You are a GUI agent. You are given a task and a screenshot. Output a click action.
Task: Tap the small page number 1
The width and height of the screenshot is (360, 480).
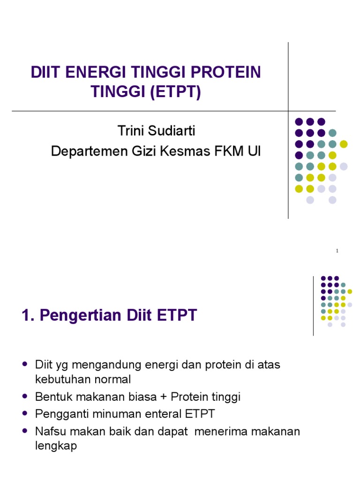pos(337,251)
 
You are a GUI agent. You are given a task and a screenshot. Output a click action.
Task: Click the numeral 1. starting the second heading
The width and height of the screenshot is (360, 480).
pos(28,315)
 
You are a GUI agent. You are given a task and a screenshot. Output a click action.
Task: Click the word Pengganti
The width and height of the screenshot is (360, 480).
pos(59,414)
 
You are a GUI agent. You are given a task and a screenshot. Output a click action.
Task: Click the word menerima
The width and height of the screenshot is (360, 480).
pos(220,431)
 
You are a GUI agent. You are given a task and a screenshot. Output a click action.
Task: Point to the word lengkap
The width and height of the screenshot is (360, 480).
pos(56,446)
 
